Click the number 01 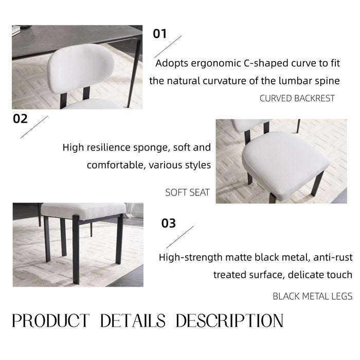[160, 34]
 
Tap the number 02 [20, 119]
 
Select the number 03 [169, 223]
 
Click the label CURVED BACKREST [297, 98]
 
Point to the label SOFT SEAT [188, 193]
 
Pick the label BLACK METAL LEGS [313, 296]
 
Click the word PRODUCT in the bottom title [50, 321]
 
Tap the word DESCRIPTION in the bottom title [229, 321]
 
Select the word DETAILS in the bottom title [133, 321]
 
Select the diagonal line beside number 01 [168, 46]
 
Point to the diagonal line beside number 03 [179, 237]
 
